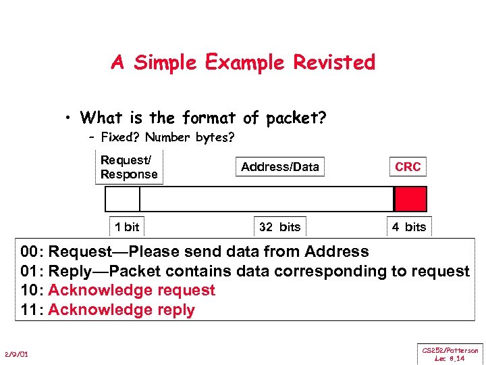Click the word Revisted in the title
pos(333,63)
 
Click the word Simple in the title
pos(163,63)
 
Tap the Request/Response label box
pos(129,167)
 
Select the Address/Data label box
pos(279,167)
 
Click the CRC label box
pos(408,167)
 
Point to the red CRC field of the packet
pos(410,199)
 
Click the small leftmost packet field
pos(123,199)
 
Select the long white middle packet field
pos(266,199)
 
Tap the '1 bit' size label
pos(127,226)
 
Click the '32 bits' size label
pos(279,226)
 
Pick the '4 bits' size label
pos(409,226)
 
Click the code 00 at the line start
pos(30,252)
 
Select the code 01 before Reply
pos(30,272)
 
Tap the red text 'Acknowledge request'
pos(132,291)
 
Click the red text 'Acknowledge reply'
pos(122,310)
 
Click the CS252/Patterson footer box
pos(450,354)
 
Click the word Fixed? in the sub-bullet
pos(120,138)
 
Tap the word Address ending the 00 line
pos(336,252)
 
